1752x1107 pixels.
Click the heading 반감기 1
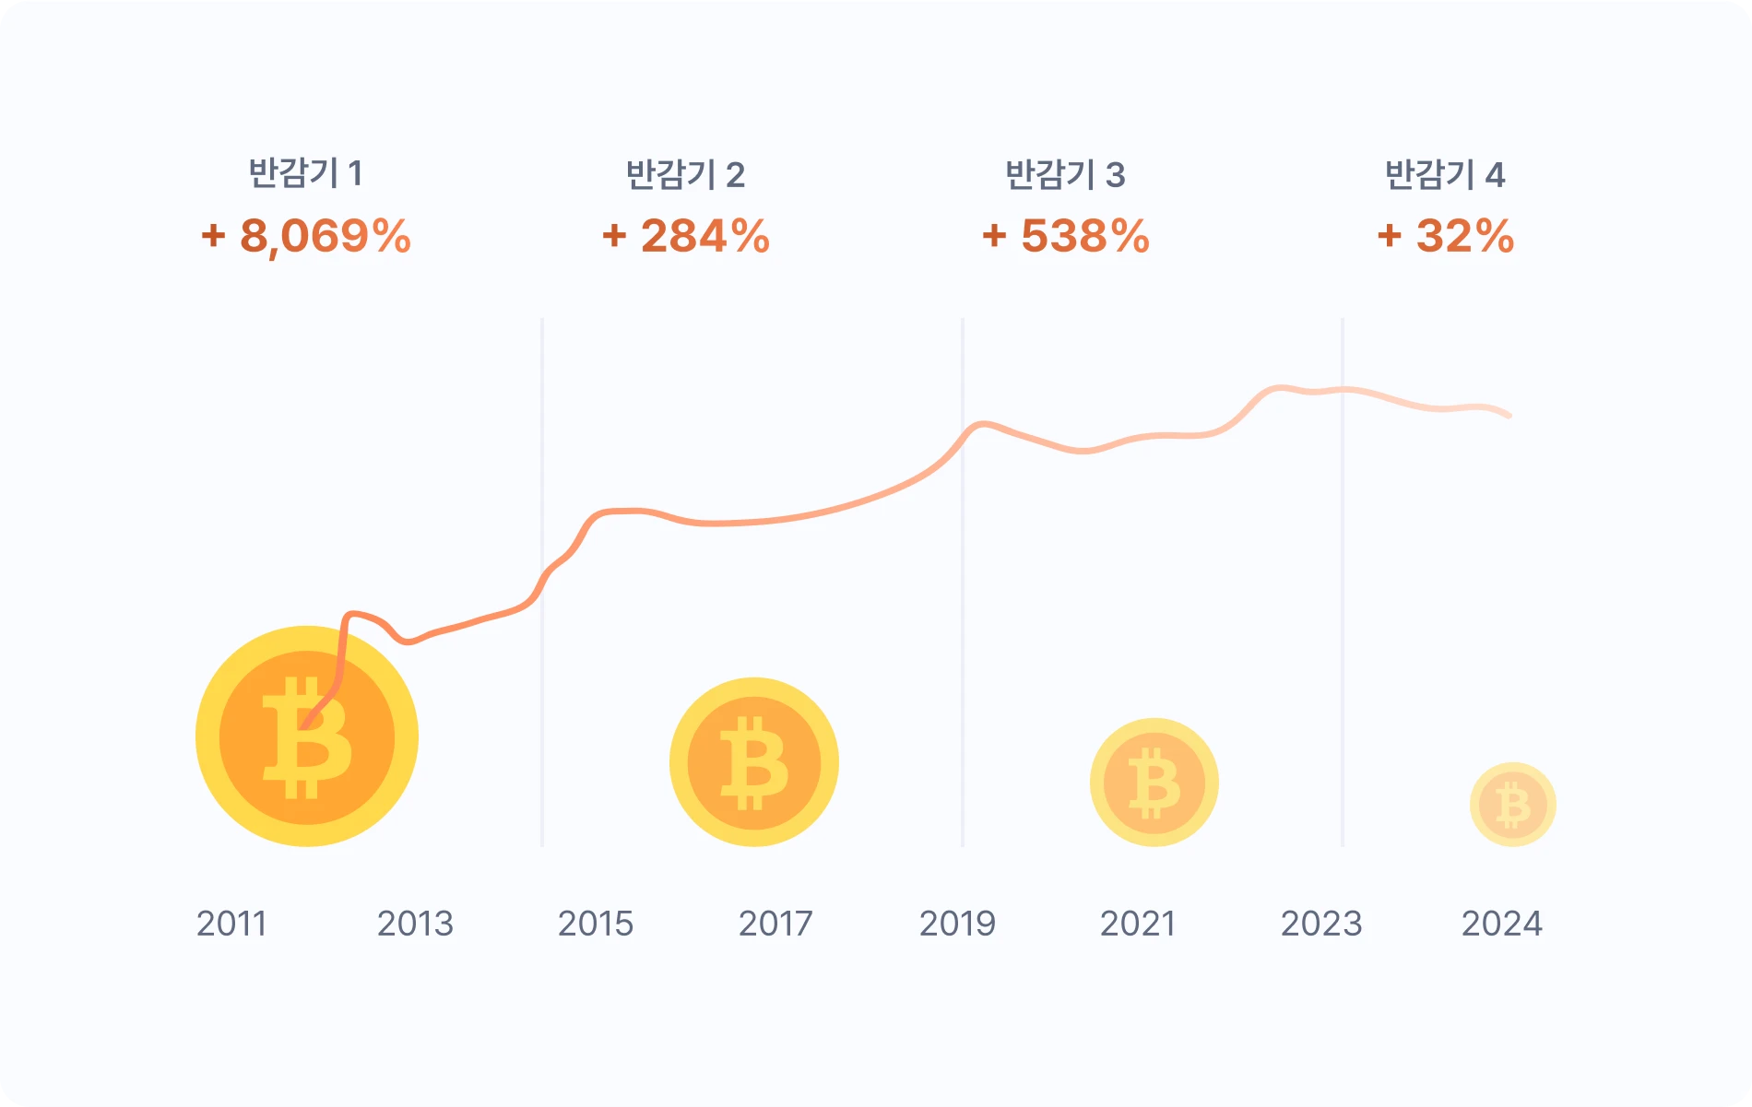point(305,173)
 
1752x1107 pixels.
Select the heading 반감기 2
point(685,174)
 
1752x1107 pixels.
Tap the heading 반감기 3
point(1065,174)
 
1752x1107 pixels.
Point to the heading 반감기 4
point(1445,174)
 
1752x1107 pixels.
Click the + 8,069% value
point(306,236)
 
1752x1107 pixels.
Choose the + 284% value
point(686,236)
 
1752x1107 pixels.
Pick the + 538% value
point(1066,236)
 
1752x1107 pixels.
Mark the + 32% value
point(1446,236)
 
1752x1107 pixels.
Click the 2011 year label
point(231,924)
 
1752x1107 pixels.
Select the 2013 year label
point(415,924)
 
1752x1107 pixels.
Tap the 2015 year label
point(596,924)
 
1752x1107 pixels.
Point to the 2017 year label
point(775,924)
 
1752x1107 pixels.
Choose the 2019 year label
point(957,924)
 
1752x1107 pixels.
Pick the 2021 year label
point(1138,924)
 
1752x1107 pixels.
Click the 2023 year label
point(1321,924)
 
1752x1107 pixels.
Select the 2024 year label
point(1501,924)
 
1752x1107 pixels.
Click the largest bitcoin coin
point(307,736)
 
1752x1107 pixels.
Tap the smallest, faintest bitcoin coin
point(1512,805)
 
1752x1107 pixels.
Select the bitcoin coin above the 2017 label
point(754,762)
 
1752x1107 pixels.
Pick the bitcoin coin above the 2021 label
point(1154,783)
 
